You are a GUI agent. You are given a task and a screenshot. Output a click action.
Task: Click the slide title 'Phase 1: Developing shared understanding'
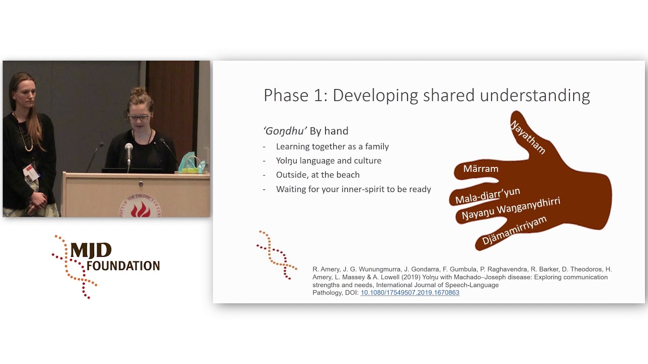(426, 96)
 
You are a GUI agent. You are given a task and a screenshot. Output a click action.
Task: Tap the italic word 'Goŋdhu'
(285, 131)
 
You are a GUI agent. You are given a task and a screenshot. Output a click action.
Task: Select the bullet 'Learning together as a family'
(332, 147)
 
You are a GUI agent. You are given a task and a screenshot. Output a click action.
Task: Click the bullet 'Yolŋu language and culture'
(329, 161)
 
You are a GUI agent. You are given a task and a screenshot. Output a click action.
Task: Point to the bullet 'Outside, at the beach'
(317, 175)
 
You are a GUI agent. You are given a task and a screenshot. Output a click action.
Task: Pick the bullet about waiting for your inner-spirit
(353, 189)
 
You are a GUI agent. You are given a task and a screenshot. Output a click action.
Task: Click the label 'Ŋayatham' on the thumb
(528, 137)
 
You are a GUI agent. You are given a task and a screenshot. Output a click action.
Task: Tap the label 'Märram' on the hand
(480, 169)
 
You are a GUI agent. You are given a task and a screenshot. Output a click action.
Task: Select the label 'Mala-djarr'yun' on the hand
(487, 196)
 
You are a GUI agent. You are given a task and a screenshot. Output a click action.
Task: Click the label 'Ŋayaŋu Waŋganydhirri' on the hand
(510, 209)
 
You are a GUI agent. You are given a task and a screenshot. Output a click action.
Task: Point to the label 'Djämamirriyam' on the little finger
(514, 230)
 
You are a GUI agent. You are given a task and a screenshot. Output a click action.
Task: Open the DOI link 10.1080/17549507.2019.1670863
(410, 293)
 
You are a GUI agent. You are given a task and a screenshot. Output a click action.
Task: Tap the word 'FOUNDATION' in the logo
(123, 265)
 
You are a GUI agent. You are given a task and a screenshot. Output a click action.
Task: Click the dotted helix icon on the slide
(276, 255)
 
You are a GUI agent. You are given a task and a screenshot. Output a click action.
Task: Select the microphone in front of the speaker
(129, 151)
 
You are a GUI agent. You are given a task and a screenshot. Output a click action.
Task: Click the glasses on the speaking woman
(138, 118)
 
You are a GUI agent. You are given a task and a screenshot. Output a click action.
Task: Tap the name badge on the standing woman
(31, 173)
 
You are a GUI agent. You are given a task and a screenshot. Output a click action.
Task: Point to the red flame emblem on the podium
(140, 208)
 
